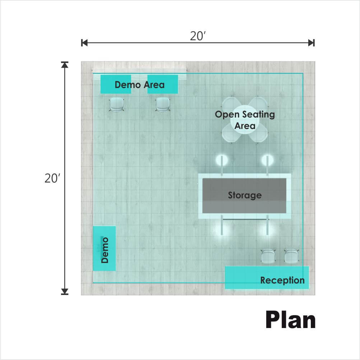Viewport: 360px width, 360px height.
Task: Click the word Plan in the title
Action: tap(290, 320)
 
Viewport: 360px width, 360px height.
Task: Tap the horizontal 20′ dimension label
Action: tap(198, 36)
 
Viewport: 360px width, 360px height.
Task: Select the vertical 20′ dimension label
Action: tap(52, 179)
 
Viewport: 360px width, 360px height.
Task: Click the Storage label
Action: tap(245, 195)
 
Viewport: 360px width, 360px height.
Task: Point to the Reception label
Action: tap(282, 280)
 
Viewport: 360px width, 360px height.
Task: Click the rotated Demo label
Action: tap(105, 250)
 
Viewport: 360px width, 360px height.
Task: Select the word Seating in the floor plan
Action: tap(259, 114)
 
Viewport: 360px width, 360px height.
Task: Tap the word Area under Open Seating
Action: tap(245, 126)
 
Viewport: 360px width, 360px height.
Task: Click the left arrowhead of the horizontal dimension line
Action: tap(84, 43)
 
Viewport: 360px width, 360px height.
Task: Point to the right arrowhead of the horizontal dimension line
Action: tap(311, 43)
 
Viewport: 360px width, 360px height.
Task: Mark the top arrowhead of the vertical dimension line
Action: tap(65, 65)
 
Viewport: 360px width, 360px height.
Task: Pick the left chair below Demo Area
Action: tap(117, 105)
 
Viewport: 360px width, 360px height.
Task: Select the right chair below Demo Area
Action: tap(162, 105)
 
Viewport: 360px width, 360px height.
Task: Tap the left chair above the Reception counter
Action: tap(268, 256)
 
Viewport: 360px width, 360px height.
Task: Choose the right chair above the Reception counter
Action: tap(292, 256)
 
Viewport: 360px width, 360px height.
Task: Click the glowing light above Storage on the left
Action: tap(222, 160)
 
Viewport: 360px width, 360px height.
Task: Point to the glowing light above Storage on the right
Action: tap(267, 160)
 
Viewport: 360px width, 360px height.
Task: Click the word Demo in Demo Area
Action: tap(128, 85)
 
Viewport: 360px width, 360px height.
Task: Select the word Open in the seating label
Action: tap(227, 115)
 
